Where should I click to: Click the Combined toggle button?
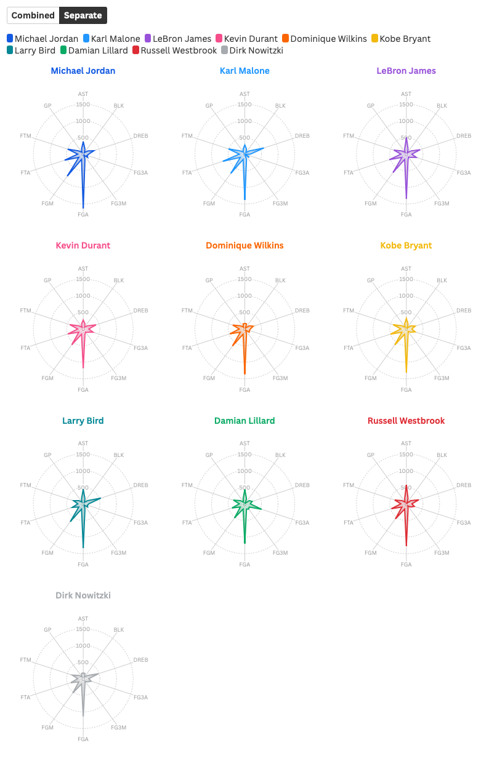tap(33, 15)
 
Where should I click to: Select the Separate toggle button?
tap(83, 15)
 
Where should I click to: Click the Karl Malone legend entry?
tap(111, 39)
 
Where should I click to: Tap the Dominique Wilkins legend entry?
tap(324, 39)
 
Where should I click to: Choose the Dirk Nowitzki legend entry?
tap(252, 50)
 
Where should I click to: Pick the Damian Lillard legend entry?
tap(94, 50)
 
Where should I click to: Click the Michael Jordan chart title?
tap(83, 71)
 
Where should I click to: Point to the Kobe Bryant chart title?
tap(406, 245)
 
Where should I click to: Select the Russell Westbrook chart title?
tap(406, 421)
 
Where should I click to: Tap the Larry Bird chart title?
tap(83, 421)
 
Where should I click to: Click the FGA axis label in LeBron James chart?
tap(406, 215)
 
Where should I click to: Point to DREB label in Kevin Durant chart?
tap(141, 311)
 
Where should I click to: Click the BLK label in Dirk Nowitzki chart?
tap(119, 630)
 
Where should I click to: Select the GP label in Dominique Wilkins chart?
tap(209, 280)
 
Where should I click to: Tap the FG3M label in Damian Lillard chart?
tap(280, 553)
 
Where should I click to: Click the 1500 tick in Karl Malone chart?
tap(244, 105)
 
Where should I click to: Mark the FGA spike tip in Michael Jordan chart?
tap(83, 208)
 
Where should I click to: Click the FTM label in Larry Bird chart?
tap(25, 485)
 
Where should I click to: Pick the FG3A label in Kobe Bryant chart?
tap(464, 348)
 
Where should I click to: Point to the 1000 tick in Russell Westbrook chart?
tap(406, 471)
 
